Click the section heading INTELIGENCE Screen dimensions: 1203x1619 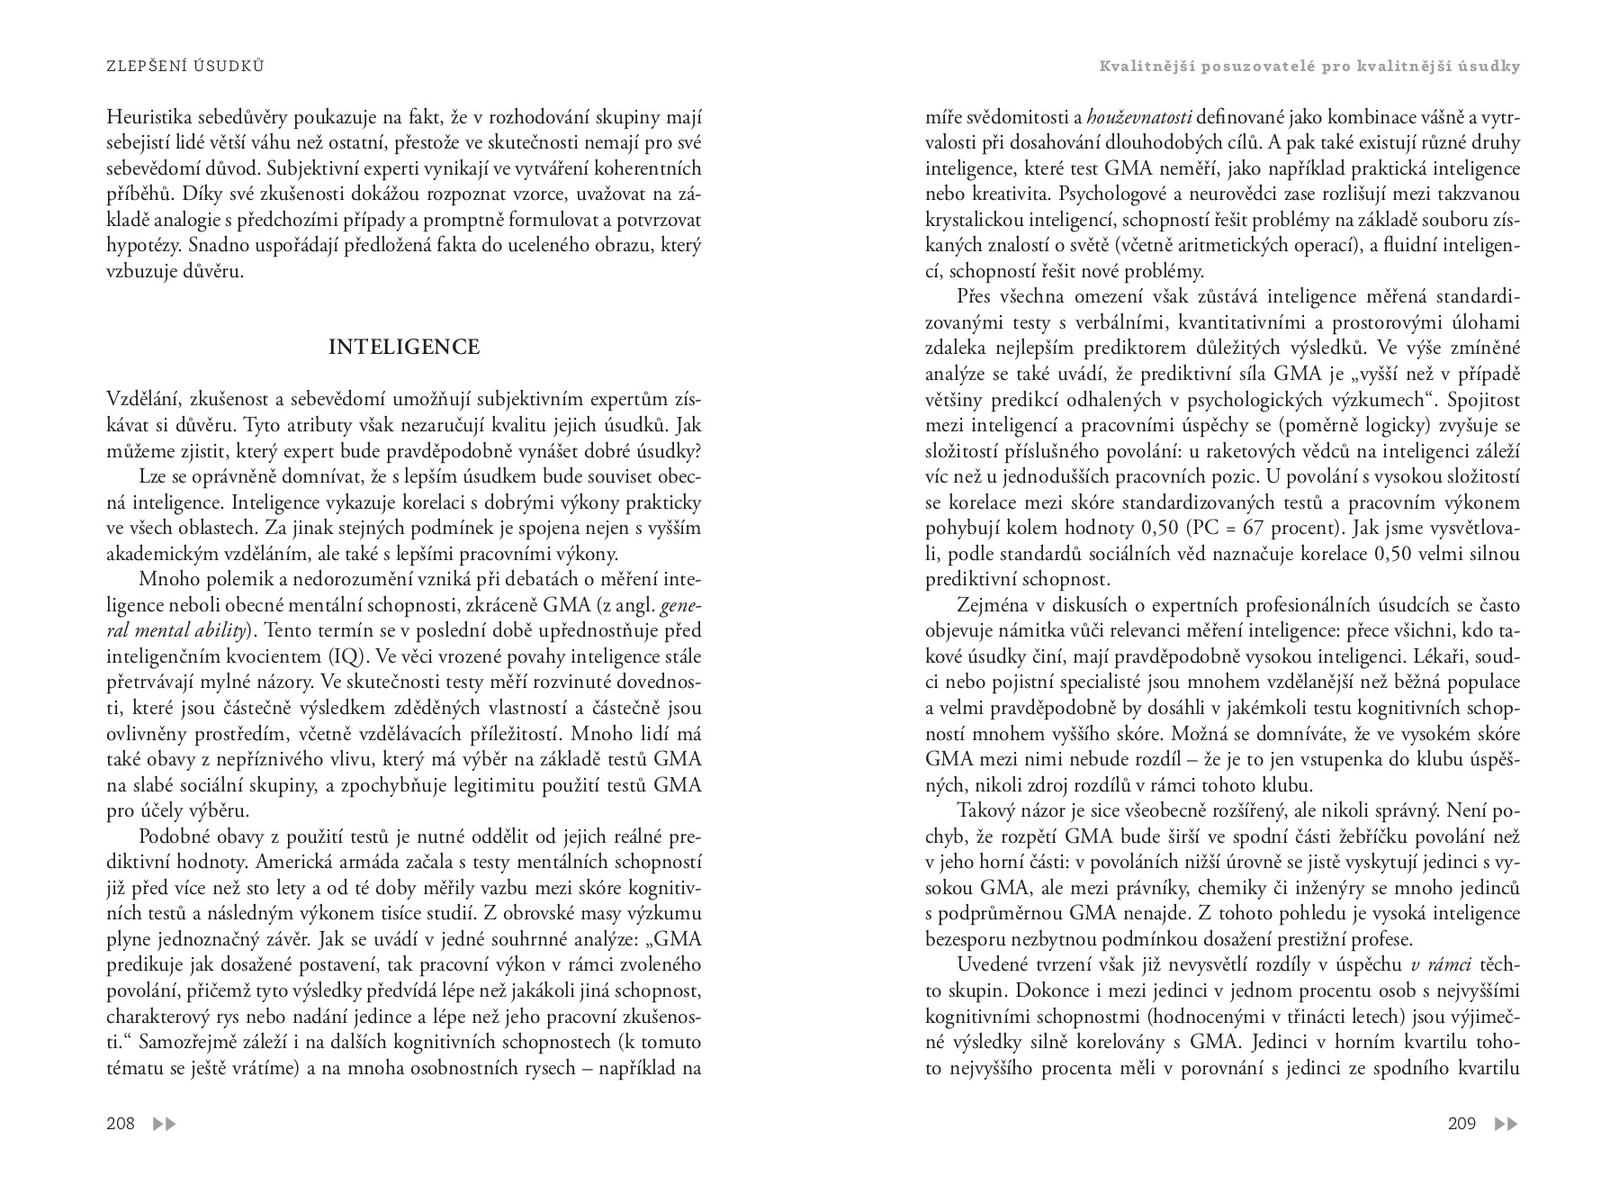tap(404, 348)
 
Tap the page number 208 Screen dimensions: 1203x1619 tap(121, 1124)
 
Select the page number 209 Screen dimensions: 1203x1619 tap(1462, 1124)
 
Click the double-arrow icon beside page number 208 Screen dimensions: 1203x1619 tap(165, 1124)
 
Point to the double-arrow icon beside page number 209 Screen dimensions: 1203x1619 tap(1506, 1124)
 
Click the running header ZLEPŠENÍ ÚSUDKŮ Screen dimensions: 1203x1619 tap(184, 67)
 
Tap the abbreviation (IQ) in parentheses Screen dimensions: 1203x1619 tap(337, 656)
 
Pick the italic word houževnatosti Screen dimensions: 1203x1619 tap(1139, 117)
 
